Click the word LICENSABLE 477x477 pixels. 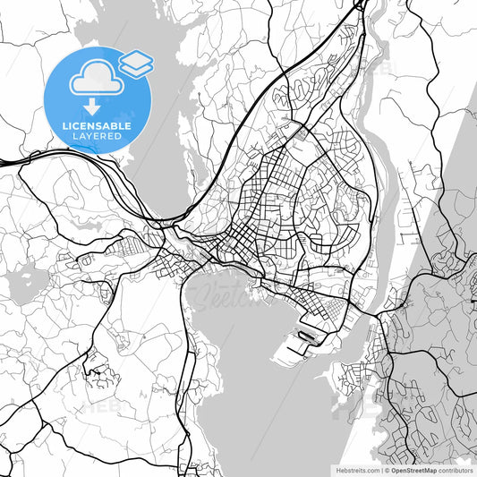pyautogui.click(x=98, y=126)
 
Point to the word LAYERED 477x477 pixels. pyautogui.click(x=98, y=138)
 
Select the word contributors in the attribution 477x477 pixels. pyautogui.click(x=456, y=468)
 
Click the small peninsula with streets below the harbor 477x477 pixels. pyautogui.click(x=353, y=376)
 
